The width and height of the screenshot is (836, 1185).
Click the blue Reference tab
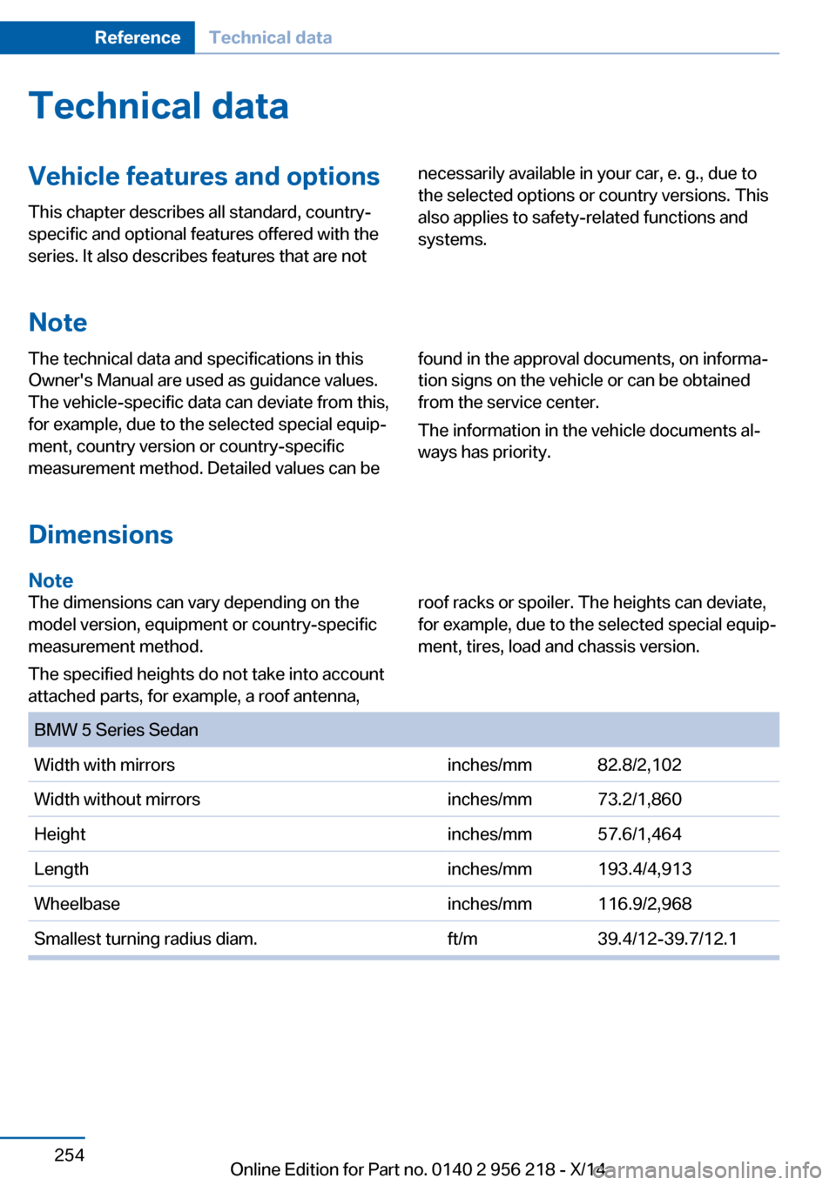pos(137,37)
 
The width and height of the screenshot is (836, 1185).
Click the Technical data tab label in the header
pos(270,37)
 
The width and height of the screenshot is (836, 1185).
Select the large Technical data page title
pos(158,106)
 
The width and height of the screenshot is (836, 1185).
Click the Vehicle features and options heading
pos(204,177)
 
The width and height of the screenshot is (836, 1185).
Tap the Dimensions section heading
pos(101,534)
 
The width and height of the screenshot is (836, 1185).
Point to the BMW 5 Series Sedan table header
pos(116,730)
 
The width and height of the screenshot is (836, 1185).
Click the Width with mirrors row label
pos(104,765)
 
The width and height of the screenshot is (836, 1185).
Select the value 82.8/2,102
pos(639,765)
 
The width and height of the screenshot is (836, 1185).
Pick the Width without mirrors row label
pos(117,800)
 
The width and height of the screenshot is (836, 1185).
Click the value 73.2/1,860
pos(639,800)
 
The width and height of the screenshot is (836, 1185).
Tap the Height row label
pos(60,834)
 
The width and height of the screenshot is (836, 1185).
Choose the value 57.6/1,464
pos(639,834)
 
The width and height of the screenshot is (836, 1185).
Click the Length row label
pos(61,869)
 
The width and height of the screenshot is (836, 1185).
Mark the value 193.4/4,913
pos(644,869)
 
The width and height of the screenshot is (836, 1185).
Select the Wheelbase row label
pos(77,904)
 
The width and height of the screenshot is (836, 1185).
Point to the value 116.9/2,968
pos(644,904)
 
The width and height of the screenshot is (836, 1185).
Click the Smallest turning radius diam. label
pos(145,939)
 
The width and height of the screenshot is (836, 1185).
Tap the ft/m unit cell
pos(462,939)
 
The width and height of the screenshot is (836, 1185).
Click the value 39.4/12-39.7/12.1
pos(667,939)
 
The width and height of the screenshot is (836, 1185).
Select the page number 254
pos(69,1155)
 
